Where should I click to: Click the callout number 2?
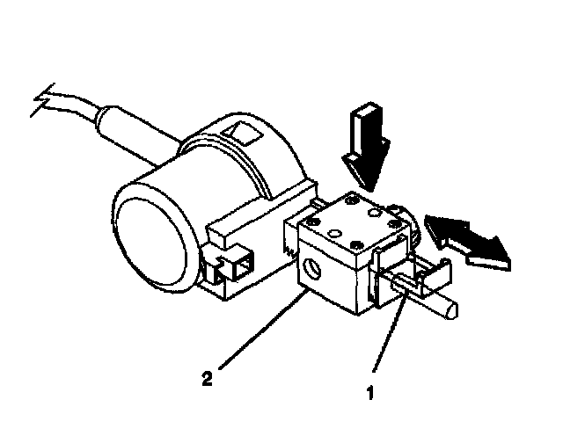click(x=207, y=381)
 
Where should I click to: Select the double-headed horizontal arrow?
click(x=467, y=239)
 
